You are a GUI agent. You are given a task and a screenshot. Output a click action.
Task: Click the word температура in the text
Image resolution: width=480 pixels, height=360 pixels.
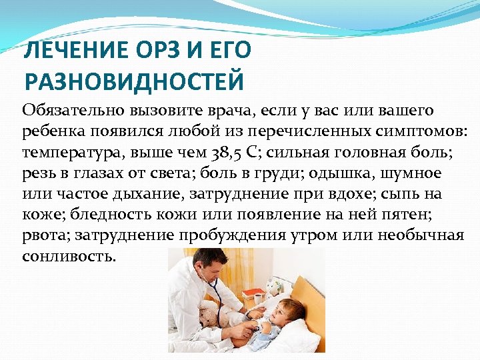(x=64, y=153)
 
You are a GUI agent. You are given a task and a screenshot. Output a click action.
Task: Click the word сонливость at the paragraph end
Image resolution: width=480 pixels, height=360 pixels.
(x=69, y=257)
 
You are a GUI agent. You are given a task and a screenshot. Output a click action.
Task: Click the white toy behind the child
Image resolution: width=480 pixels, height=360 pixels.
(x=273, y=287)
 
